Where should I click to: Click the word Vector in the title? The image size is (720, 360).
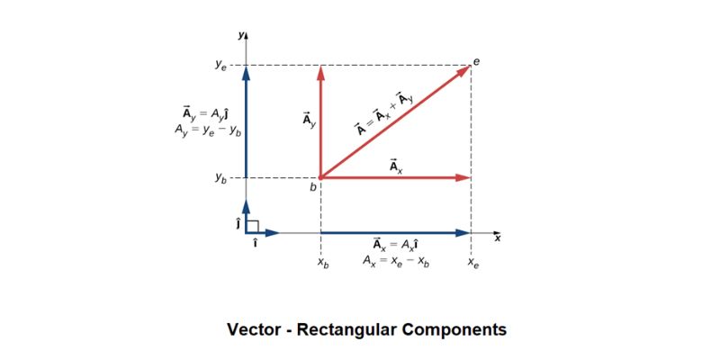coord(255,329)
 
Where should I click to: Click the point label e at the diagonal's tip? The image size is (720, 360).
coord(477,60)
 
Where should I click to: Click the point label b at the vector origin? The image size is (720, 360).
coord(313,187)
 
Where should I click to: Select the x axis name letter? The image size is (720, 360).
coord(497,238)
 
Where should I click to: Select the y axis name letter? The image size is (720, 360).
coord(240,34)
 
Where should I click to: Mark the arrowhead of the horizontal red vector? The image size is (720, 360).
coord(464,178)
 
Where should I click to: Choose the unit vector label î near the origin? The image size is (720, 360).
coord(256,243)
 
